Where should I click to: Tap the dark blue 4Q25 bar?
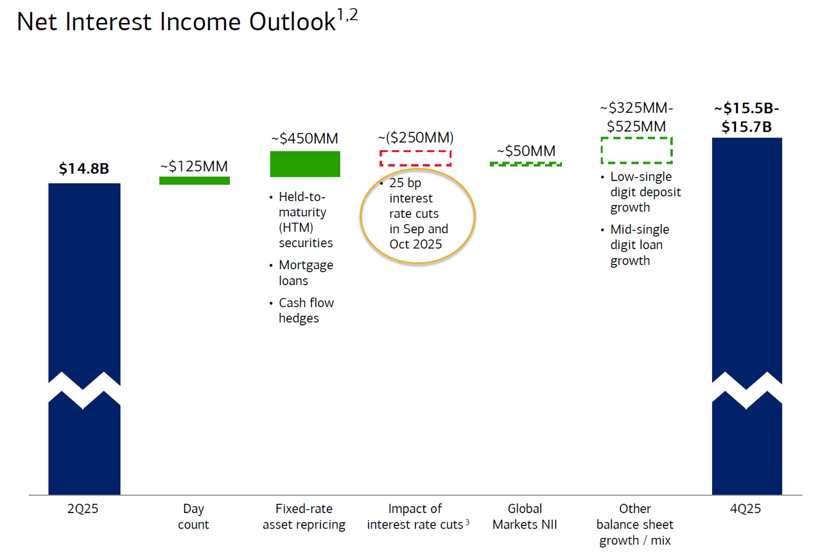(x=747, y=257)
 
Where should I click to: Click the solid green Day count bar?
(x=195, y=180)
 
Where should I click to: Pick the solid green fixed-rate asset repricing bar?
(x=305, y=164)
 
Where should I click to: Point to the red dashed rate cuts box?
(x=415, y=151)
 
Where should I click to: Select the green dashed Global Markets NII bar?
(x=525, y=164)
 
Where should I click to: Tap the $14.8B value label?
(x=84, y=168)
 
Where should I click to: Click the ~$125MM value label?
(x=194, y=166)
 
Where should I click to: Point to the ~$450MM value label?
(x=304, y=138)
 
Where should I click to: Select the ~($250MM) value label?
(x=415, y=137)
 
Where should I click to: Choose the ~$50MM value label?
(x=526, y=151)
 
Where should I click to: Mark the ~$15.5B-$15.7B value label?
(x=746, y=118)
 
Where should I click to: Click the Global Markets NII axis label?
(x=525, y=516)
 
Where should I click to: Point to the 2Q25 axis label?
(x=83, y=509)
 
